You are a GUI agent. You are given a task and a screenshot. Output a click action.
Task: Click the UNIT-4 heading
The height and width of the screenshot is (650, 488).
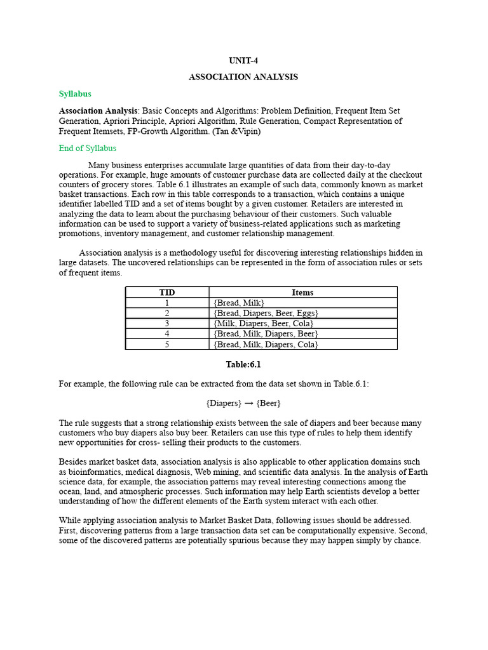243,61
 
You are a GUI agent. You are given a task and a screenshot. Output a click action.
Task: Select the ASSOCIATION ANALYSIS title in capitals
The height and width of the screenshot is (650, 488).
243,77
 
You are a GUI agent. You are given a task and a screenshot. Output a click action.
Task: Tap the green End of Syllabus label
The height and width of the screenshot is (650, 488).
88,149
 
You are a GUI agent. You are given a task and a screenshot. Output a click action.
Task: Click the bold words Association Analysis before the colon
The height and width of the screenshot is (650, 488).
98,110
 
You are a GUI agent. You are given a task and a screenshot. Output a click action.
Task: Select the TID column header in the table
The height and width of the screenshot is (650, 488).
167,293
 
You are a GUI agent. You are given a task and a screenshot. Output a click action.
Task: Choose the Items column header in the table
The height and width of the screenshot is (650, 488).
302,293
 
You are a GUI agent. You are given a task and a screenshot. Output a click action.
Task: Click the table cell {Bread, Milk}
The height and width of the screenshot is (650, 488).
239,303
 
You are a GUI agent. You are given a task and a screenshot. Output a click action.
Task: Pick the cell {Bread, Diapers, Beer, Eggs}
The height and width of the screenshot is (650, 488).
266,313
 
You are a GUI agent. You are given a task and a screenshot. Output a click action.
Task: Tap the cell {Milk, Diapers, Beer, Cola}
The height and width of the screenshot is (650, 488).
264,323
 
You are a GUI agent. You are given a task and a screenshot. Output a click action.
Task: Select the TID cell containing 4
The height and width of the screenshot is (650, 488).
167,333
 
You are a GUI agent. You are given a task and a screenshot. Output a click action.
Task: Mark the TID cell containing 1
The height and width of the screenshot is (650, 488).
167,303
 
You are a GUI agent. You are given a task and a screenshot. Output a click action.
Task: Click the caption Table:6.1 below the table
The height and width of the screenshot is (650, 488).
243,365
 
